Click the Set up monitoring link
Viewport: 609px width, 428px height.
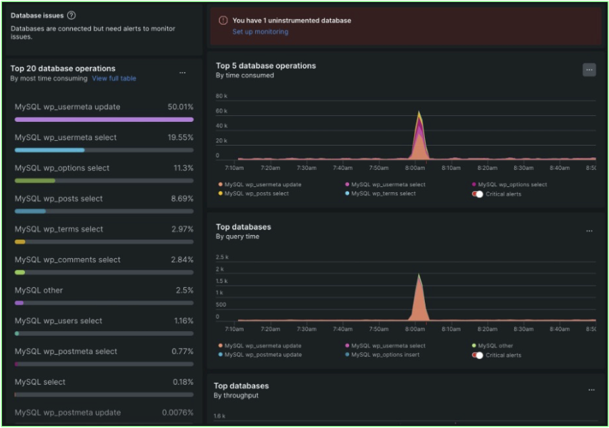[x=260, y=32]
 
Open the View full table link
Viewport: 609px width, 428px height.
[x=114, y=79]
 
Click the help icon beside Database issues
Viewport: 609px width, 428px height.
[x=72, y=16]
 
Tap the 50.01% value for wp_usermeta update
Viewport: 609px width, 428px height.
[x=181, y=107]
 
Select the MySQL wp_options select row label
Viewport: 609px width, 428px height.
[x=62, y=168]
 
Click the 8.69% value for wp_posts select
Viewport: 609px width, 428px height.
[x=182, y=198]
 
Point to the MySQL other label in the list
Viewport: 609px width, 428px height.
[x=39, y=290]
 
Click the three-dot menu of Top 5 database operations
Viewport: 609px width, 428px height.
[x=589, y=70]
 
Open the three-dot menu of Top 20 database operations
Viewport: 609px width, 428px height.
[x=182, y=72]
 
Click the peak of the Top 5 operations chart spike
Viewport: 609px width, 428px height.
[x=420, y=112]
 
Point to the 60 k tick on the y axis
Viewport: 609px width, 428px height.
[x=221, y=111]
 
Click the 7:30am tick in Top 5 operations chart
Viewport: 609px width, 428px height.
[x=306, y=168]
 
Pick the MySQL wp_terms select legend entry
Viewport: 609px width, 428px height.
[x=383, y=194]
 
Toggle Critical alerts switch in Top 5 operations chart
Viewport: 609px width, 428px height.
[x=478, y=194]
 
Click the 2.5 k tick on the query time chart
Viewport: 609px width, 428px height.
[x=221, y=257]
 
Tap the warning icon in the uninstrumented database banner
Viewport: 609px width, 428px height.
[x=223, y=21]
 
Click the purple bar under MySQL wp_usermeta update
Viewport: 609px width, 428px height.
[x=104, y=119]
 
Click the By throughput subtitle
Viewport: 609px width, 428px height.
[x=236, y=395]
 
